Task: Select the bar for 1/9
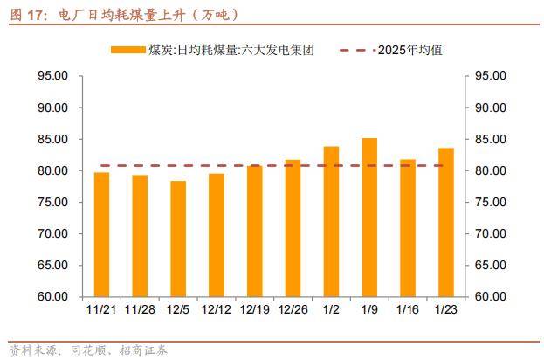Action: (x=369, y=218)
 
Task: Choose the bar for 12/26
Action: (x=293, y=228)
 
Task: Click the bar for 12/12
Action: (x=217, y=235)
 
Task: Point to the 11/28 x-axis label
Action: (x=140, y=309)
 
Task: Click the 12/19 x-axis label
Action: (x=254, y=309)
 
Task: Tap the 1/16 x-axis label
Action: (x=408, y=309)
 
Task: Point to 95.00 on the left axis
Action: (x=54, y=76)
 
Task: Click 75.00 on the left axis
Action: (x=54, y=202)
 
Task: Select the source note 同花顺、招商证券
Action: (x=113, y=351)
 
